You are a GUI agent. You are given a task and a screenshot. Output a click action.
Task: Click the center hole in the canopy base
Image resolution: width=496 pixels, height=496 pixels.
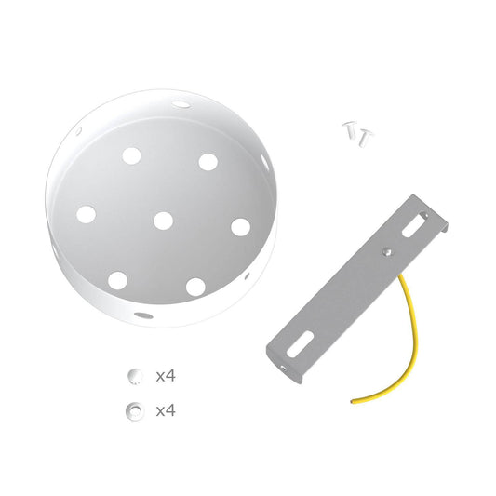(x=163, y=221)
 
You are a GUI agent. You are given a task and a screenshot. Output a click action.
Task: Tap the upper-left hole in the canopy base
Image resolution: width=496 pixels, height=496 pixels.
(x=131, y=154)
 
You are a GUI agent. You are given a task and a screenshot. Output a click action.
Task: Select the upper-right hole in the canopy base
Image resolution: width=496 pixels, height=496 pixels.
(x=208, y=162)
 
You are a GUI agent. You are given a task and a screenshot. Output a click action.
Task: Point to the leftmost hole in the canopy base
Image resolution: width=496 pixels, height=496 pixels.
(x=86, y=214)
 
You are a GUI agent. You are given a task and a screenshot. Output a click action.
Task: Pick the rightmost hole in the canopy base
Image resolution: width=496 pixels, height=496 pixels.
(x=240, y=226)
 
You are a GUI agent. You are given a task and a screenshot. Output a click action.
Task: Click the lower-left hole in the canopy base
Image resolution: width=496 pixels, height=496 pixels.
(x=117, y=279)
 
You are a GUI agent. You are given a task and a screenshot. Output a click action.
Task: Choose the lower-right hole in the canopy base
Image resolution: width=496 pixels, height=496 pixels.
(x=195, y=286)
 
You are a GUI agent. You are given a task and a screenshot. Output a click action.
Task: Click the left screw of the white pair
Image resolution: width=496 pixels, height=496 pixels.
(x=351, y=130)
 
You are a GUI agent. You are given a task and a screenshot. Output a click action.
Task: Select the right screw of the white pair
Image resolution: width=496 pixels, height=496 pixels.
(x=365, y=137)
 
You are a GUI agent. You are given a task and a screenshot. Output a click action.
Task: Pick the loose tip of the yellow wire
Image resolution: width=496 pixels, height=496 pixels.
(x=353, y=401)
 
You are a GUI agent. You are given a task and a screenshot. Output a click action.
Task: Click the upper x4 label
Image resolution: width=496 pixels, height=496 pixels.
(x=166, y=376)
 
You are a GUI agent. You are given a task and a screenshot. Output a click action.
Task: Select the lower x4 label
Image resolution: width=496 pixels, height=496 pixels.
(x=166, y=409)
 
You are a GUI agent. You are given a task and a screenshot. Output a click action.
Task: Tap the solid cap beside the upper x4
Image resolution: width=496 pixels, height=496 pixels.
(x=136, y=376)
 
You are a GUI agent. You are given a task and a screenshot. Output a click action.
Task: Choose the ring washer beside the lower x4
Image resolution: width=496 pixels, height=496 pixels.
(x=136, y=409)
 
